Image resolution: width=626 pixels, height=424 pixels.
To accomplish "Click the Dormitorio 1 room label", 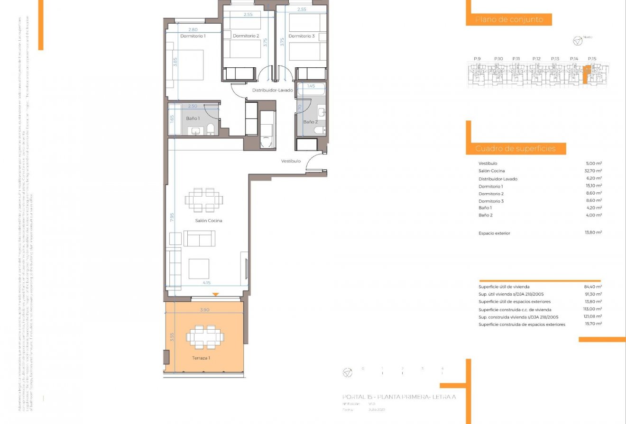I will pyautogui.click(x=193, y=36).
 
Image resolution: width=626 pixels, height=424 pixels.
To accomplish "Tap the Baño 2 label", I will pyautogui.click(x=310, y=122).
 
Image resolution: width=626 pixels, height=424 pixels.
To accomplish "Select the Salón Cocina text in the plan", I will pyautogui.click(x=208, y=221).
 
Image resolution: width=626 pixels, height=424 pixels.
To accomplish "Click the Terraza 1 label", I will pyautogui.click(x=201, y=358).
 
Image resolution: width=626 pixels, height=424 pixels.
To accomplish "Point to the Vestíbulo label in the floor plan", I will pyautogui.click(x=291, y=161).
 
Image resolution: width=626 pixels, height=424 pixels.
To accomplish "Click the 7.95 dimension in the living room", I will pyautogui.click(x=173, y=217).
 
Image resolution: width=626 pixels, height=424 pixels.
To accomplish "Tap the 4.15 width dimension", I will pyautogui.click(x=207, y=283).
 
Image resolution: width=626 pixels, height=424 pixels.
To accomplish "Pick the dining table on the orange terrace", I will pyautogui.click(x=205, y=337).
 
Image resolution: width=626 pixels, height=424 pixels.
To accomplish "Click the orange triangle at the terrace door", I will pyautogui.click(x=216, y=295).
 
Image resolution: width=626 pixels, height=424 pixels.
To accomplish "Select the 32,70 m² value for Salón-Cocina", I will pyautogui.click(x=593, y=171).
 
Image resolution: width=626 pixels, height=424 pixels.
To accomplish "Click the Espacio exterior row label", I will pyautogui.click(x=494, y=233).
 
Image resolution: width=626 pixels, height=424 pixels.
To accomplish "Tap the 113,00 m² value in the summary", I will pyautogui.click(x=592, y=309).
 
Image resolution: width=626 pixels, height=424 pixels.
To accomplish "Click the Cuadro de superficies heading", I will pyautogui.click(x=515, y=149).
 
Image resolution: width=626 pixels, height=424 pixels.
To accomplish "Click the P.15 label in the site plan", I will pyautogui.click(x=591, y=59).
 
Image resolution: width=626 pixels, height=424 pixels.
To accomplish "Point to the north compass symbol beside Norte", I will pyautogui.click(x=577, y=41).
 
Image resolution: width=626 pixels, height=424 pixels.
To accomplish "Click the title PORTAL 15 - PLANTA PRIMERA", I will pyautogui.click(x=398, y=397).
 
